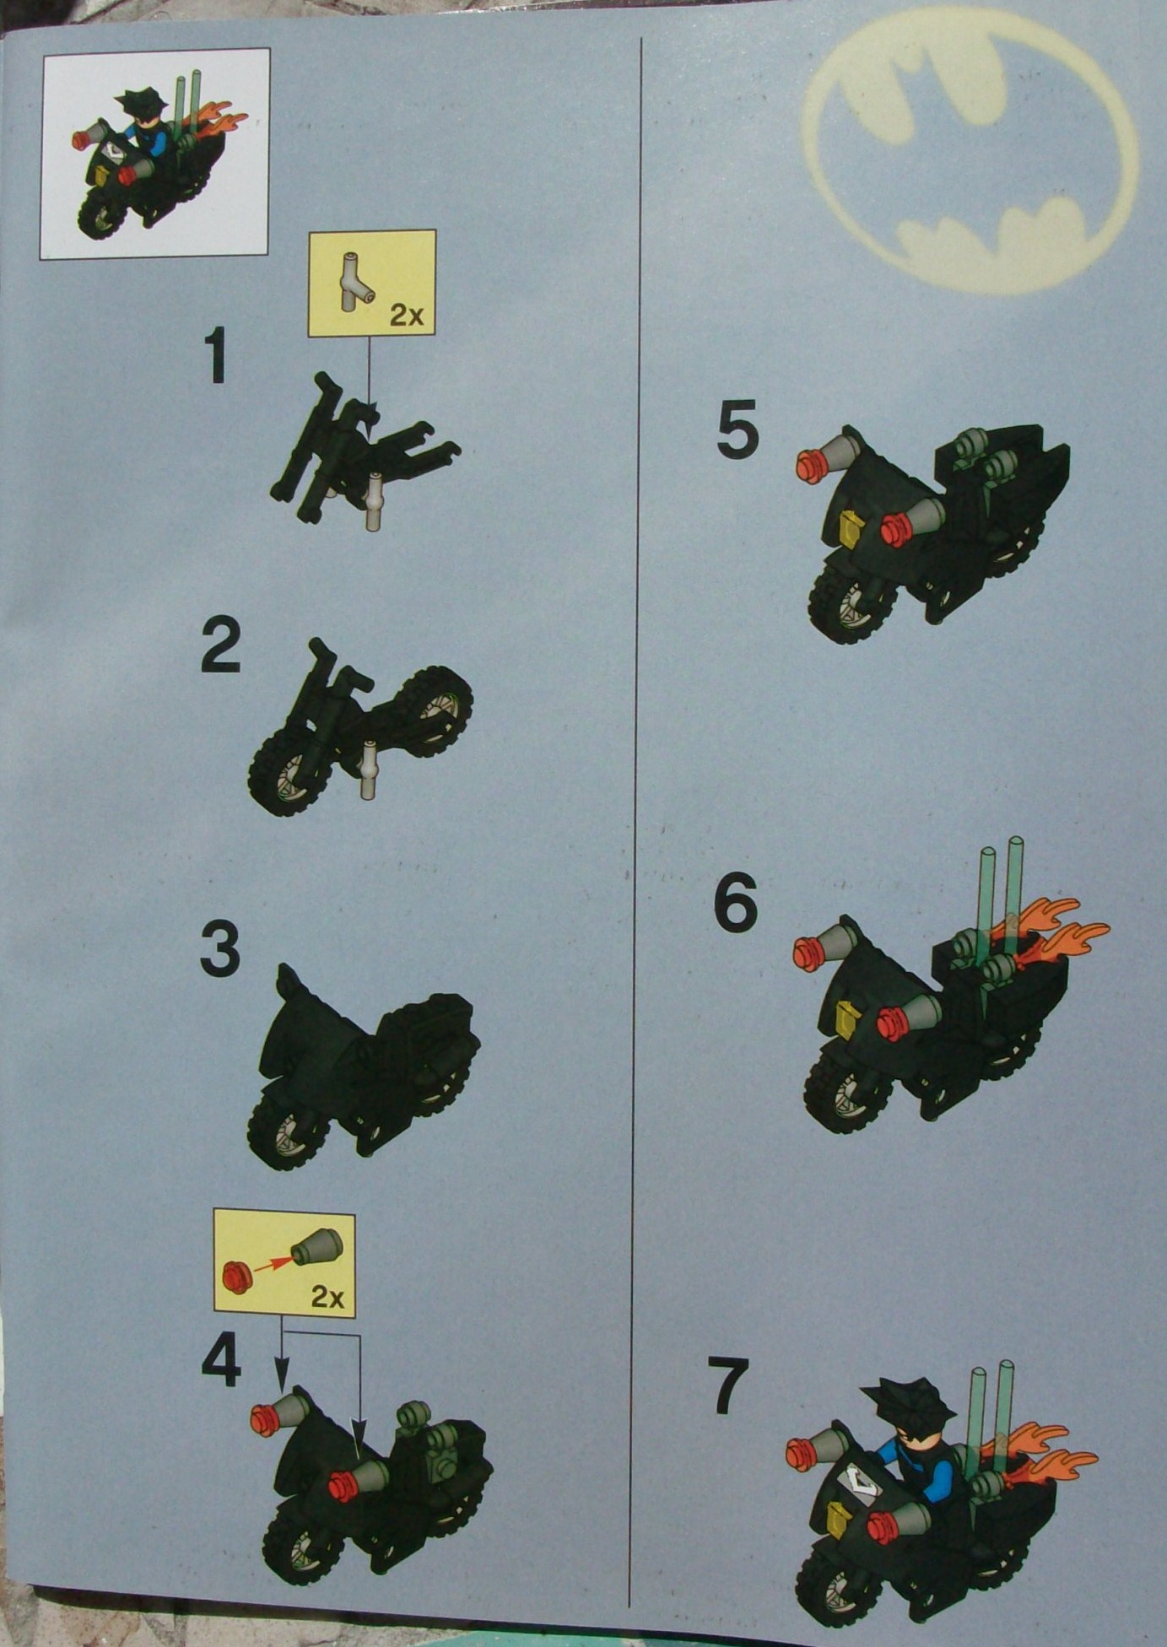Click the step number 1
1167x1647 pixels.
tap(218, 357)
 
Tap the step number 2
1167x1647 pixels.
tap(220, 646)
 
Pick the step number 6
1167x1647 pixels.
tap(736, 903)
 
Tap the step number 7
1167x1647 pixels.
tap(727, 1385)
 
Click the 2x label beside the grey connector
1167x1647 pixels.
tap(406, 315)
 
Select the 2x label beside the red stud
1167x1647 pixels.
tap(327, 1296)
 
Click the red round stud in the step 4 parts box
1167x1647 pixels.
tap(235, 1276)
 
